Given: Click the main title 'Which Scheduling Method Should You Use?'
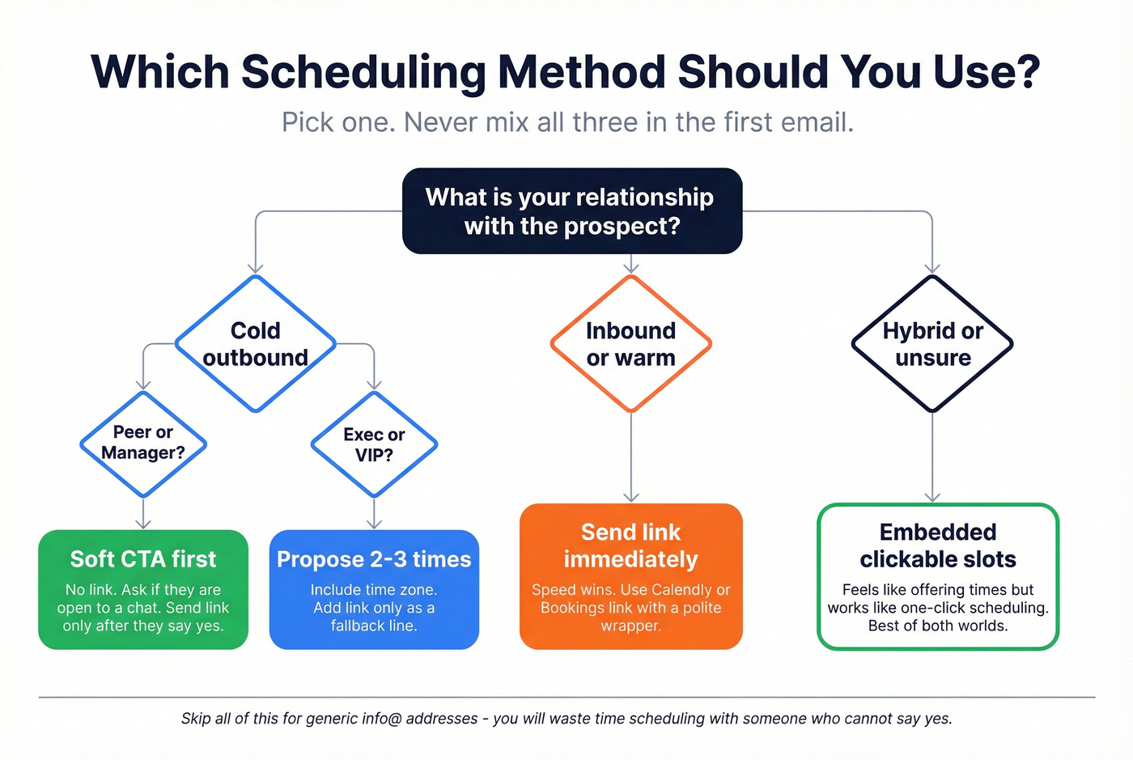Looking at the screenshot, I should pyautogui.click(x=566, y=72).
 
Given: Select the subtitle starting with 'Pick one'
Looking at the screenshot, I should pyautogui.click(x=567, y=122).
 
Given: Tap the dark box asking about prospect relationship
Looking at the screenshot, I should pyautogui.click(x=571, y=211).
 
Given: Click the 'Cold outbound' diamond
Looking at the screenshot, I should pyautogui.click(x=255, y=344).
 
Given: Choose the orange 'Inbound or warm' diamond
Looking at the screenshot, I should pyautogui.click(x=630, y=344).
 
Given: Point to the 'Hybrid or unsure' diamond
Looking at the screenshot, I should pyautogui.click(x=932, y=344).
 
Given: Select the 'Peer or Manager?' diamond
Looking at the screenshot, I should pyautogui.click(x=143, y=444).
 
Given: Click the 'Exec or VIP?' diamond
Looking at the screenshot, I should pyautogui.click(x=374, y=444).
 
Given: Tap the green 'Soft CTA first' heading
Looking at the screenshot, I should pyautogui.click(x=143, y=559).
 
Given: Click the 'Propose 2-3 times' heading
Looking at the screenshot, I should pyautogui.click(x=374, y=559).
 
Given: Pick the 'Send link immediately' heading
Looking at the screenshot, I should pyautogui.click(x=630, y=546).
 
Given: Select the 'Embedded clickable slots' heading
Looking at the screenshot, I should pyautogui.click(x=937, y=546).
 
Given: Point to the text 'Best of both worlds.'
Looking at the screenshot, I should pyautogui.click(x=937, y=626).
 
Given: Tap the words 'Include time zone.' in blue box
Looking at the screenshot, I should pyautogui.click(x=374, y=590).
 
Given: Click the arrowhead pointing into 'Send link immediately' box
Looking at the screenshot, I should pyautogui.click(x=631, y=497).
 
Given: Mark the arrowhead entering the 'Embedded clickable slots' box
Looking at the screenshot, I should pyautogui.click(x=932, y=497).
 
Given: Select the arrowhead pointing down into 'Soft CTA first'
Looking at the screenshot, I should pyautogui.click(x=143, y=524).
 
